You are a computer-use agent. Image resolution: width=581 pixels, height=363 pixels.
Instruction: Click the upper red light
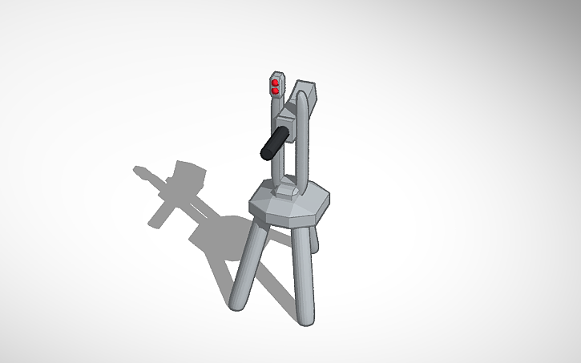pos(276,83)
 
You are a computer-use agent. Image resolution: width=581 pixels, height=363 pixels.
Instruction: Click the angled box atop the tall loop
pos(309,96)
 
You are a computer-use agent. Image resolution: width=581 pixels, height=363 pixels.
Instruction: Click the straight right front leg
pos(303,272)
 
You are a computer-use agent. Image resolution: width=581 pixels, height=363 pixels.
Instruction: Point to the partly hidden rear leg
pos(316,240)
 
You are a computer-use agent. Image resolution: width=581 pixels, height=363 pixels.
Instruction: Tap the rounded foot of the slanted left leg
pos(236,305)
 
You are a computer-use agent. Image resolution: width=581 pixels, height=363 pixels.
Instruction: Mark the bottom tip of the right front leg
pos(305,321)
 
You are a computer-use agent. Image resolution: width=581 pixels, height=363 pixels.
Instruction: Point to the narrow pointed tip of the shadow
pos(137,169)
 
